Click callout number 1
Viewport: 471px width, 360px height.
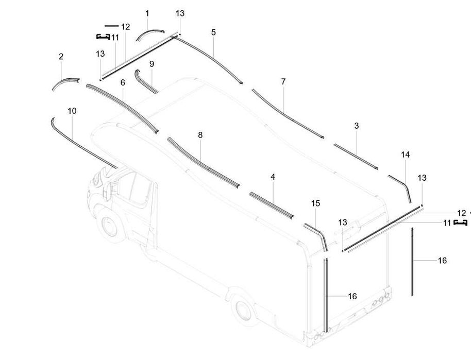coord(147,13)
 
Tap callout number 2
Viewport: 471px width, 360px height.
coord(61,57)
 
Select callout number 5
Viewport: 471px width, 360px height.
coord(213,32)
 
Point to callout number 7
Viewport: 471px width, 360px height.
coord(283,81)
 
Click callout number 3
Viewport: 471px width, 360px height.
coord(357,126)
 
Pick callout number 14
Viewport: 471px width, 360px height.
coord(405,155)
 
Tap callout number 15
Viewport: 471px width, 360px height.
coord(315,203)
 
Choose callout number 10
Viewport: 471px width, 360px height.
coord(72,111)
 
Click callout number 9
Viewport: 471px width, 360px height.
coord(152,64)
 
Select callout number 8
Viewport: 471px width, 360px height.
coord(200,135)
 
